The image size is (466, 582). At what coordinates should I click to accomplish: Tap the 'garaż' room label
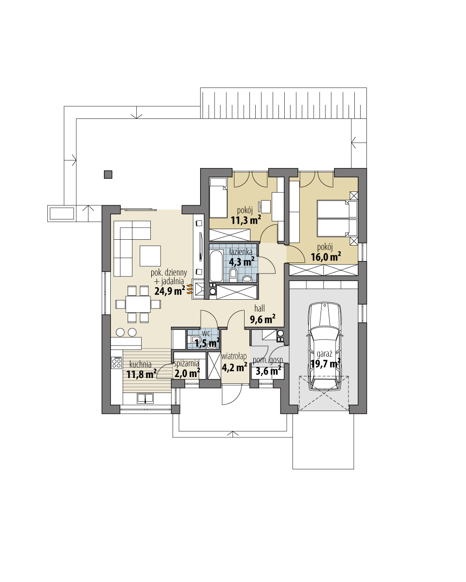[324, 353]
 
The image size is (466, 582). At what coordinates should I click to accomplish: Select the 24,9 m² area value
[170, 291]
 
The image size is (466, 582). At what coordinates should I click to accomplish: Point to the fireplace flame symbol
[190, 289]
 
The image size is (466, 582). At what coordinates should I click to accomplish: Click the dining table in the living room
[138, 304]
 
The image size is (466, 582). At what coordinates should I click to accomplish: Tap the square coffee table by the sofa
[150, 256]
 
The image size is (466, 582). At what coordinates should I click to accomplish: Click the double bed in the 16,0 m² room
[334, 218]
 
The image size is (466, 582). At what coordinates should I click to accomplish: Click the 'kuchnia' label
[140, 364]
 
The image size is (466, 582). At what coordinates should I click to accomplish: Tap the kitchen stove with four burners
[116, 363]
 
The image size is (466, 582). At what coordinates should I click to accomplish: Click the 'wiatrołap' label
[234, 356]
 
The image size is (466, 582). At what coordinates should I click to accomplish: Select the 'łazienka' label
[240, 252]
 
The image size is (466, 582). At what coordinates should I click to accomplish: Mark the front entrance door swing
[230, 395]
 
